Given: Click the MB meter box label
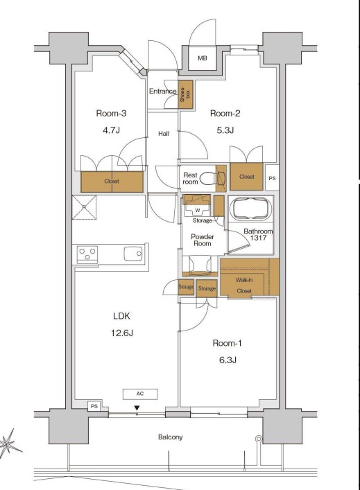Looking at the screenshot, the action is point(203,58).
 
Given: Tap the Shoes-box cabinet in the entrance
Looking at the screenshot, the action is point(185,94).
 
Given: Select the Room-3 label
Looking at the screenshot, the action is point(111,113).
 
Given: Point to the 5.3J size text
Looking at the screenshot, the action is point(225,130).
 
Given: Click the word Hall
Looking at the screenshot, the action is point(164,134).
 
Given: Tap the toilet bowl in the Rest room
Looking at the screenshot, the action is point(209,178).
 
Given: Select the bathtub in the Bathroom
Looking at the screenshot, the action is point(250,209).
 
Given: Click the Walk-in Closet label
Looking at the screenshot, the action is point(244,286).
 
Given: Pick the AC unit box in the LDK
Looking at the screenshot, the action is point(140,394).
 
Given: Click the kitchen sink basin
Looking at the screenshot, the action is point(133,254).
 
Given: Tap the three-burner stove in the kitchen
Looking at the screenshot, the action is point(87,254).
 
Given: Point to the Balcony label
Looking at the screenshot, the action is point(170,437).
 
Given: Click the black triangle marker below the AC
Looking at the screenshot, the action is point(137,408).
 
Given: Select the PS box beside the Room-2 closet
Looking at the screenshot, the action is point(272,177).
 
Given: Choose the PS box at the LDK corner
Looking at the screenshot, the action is point(94,407).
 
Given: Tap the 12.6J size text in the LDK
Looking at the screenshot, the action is point(121,333).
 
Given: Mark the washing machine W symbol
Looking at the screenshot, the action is point(198,210).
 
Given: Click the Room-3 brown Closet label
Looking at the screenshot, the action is point(112,181).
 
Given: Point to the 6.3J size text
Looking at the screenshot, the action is point(228,360).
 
